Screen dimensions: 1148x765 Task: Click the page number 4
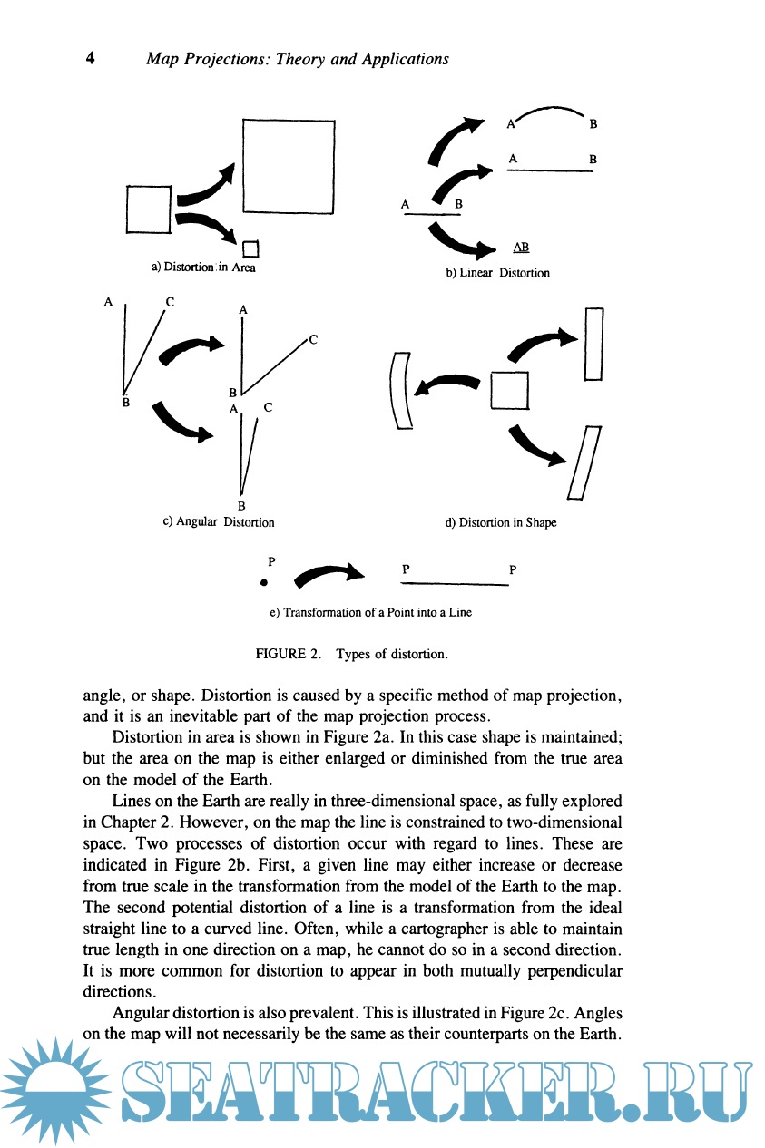click(90, 59)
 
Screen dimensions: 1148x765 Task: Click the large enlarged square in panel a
click(289, 167)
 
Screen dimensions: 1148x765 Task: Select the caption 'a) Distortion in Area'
click(204, 268)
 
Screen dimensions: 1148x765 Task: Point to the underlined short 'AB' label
click(521, 247)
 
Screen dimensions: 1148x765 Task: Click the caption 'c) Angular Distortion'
click(218, 521)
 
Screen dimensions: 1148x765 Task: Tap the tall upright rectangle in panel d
click(594, 345)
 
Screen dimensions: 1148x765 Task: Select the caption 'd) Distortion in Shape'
click(500, 522)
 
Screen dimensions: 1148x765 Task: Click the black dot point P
click(263, 582)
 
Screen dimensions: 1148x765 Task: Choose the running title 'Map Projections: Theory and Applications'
click(298, 59)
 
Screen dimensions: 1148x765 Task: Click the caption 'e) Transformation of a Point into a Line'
click(370, 612)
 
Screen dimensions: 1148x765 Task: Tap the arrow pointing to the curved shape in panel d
click(445, 384)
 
